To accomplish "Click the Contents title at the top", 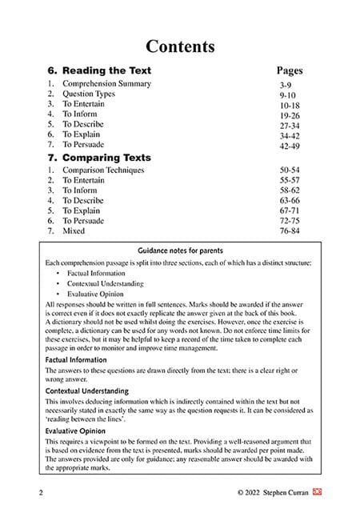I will [179, 46].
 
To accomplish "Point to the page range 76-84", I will [290, 230].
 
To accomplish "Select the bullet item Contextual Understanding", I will [106, 283].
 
